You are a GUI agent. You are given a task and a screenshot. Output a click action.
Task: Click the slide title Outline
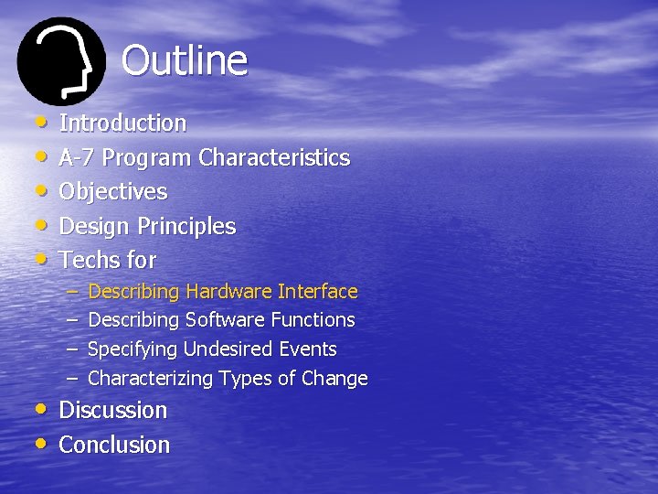point(184,61)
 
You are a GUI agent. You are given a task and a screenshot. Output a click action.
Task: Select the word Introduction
point(122,123)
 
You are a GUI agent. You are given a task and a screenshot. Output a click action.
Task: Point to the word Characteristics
point(273,157)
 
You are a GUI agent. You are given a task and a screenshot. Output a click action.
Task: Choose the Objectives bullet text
point(113,191)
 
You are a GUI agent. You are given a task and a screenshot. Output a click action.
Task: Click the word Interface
point(317,292)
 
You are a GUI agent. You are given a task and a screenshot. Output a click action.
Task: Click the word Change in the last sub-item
point(338,379)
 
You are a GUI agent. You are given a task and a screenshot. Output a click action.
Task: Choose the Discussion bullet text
point(113,410)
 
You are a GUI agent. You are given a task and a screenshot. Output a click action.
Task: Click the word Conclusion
point(114,445)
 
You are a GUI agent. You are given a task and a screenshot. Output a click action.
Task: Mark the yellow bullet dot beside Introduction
point(41,121)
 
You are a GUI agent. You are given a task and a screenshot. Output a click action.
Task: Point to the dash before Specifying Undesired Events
point(73,349)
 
